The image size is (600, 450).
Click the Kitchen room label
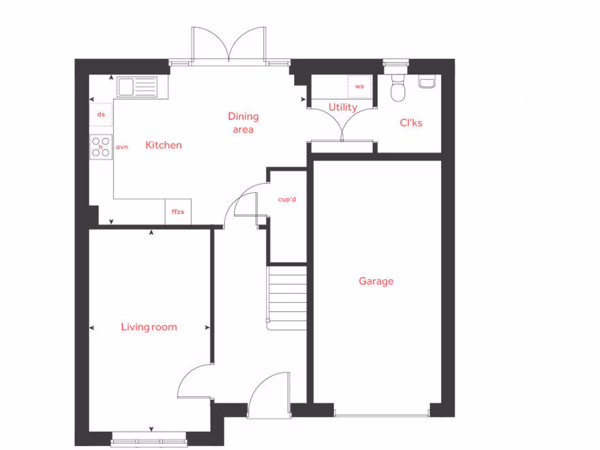(x=163, y=145)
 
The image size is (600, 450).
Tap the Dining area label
(x=243, y=122)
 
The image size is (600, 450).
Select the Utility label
(x=343, y=107)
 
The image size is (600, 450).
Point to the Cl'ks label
(x=411, y=123)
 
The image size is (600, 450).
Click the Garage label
(x=376, y=281)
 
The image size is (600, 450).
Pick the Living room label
(x=149, y=327)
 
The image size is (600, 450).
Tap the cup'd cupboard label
(x=287, y=199)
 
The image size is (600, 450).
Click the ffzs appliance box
(x=178, y=212)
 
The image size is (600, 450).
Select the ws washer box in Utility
(x=360, y=87)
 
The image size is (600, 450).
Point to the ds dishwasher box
(x=101, y=114)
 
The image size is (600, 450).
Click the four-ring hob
(x=101, y=146)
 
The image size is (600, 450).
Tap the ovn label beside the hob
(x=122, y=147)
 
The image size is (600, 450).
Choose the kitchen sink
(x=137, y=87)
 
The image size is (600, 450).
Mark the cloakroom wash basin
(x=427, y=83)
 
